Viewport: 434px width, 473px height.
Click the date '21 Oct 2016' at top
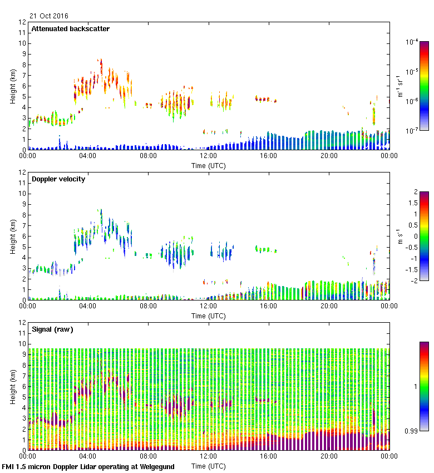(49, 16)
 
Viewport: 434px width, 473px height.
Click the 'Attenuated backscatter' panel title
(70, 29)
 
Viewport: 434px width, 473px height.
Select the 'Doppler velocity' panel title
(58, 179)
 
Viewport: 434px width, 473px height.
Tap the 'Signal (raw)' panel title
(52, 329)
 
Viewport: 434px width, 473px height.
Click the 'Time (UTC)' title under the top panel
(209, 165)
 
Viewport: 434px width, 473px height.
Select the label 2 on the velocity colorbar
(416, 192)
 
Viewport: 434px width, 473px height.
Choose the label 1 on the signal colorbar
(416, 386)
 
